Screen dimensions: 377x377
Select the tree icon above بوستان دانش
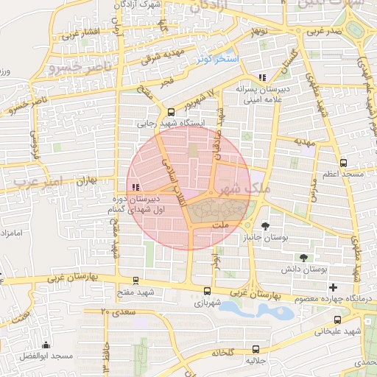pyautogui.click(x=303, y=257)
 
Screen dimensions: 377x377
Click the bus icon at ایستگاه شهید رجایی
pyautogui.click(x=172, y=113)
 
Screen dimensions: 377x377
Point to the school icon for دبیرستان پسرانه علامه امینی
pyautogui.click(x=261, y=77)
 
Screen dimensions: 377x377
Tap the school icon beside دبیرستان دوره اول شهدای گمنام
pyautogui.click(x=135, y=187)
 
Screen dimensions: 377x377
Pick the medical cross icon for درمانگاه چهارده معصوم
pyautogui.click(x=334, y=286)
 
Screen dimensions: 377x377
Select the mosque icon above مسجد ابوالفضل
pyautogui.click(x=46, y=345)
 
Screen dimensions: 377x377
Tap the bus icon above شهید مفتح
pyautogui.click(x=135, y=281)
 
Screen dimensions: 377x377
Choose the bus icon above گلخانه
pyautogui.click(x=256, y=349)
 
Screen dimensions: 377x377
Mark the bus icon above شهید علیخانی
pyautogui.click(x=337, y=320)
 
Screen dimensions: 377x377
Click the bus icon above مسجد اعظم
pyautogui.click(x=343, y=163)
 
